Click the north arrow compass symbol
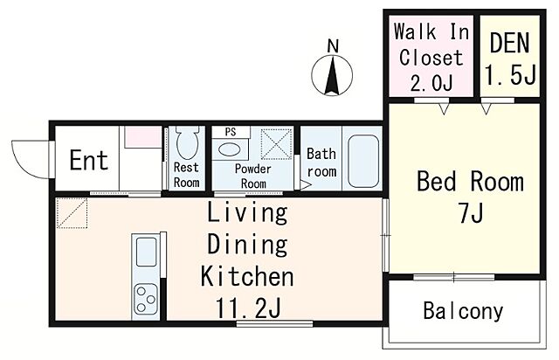tap(332, 75)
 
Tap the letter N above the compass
tap(333, 46)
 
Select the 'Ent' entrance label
tap(89, 160)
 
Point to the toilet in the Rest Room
tap(187, 142)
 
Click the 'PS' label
tap(231, 132)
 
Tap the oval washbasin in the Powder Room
tap(229, 149)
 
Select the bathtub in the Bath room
tap(363, 161)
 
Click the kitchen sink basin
tap(147, 252)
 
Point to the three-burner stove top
tap(146, 299)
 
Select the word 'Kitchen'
tap(247, 276)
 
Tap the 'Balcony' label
tap(463, 311)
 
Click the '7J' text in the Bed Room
tap(471, 214)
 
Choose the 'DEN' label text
tap(509, 43)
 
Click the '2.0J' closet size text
tap(431, 83)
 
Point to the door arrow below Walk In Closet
tap(444, 108)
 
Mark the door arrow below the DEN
tap(486, 108)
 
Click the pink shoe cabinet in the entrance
tap(143, 136)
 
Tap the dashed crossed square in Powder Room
tap(276, 144)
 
